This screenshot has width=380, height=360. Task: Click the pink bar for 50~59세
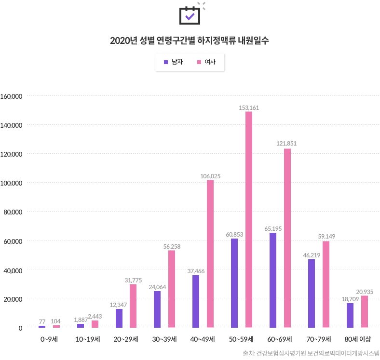tap(249, 219)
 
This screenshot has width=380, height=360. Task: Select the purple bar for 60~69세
tap(273, 280)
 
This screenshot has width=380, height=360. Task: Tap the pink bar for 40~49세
tap(210, 253)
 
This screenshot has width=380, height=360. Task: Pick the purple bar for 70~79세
tap(312, 293)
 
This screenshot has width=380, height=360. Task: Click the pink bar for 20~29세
tap(133, 306)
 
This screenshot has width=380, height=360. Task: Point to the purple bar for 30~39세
tap(157, 309)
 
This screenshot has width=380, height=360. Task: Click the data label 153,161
tap(249, 107)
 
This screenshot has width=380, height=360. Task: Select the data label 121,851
tap(286, 144)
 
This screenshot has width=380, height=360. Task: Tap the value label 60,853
tap(234, 235)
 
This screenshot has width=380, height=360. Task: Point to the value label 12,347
tap(118, 305)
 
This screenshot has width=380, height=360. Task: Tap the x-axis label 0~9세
tap(49, 339)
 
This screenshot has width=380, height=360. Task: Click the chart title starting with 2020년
tap(190, 40)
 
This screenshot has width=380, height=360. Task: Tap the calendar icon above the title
tap(190, 15)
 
